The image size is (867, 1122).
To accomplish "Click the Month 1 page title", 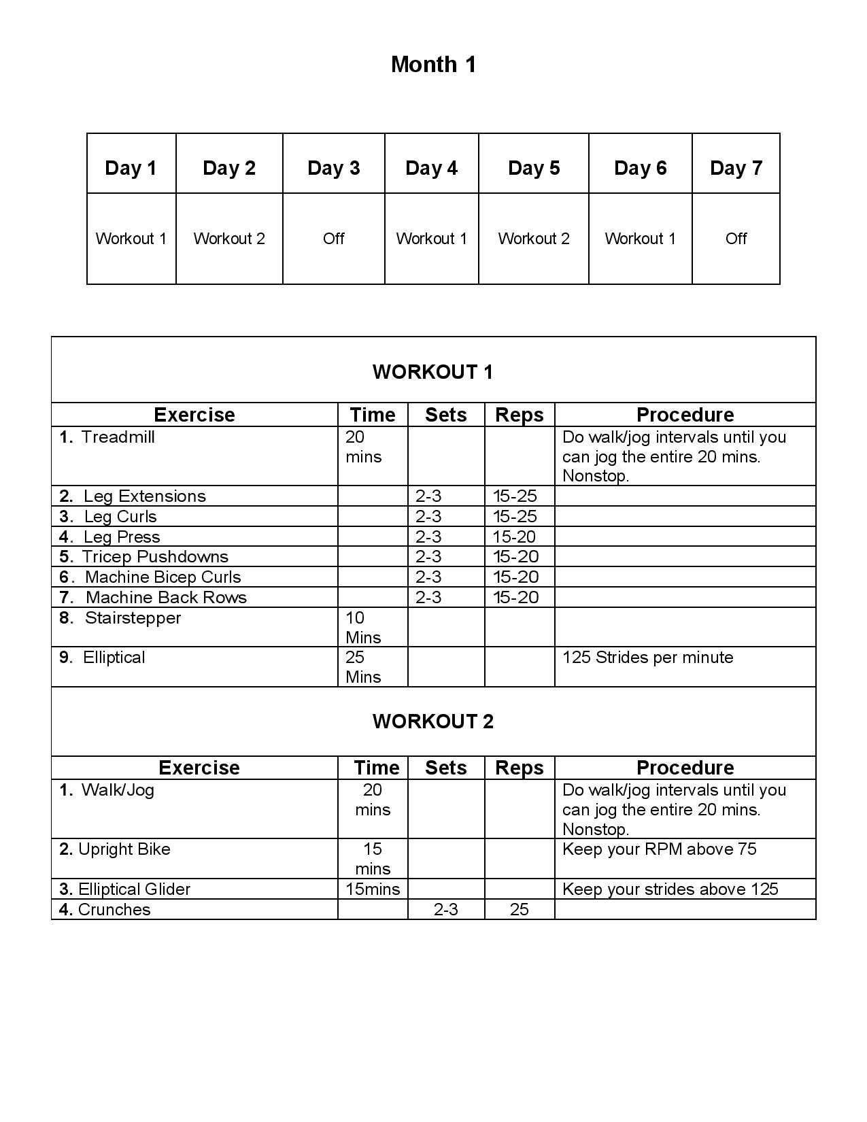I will [x=433, y=65].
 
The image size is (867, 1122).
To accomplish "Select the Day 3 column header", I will [x=333, y=168].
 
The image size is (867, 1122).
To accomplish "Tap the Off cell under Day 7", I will [x=736, y=239].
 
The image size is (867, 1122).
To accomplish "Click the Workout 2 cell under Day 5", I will [x=534, y=239].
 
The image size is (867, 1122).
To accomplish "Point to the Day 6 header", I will [x=640, y=168].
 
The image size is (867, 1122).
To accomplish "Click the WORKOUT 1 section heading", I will [x=432, y=372].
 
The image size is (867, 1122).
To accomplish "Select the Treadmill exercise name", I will [x=118, y=437].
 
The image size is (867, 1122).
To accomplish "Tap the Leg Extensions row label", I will [x=144, y=496].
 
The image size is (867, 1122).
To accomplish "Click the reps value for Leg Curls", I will [x=515, y=517].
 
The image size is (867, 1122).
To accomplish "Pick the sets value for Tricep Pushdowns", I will [x=428, y=557].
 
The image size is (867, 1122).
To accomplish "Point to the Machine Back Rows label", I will [x=166, y=598].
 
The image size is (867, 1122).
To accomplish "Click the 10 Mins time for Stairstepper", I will [x=363, y=628].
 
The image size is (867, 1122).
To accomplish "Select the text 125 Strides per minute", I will [x=647, y=658].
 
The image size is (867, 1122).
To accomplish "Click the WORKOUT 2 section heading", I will [x=432, y=721].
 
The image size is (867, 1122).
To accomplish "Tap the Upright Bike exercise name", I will [x=124, y=849].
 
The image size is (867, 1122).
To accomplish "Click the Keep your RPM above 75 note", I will [x=659, y=849].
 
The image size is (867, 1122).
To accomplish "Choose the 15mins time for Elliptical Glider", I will [x=373, y=889].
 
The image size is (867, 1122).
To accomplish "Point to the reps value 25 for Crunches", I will [x=519, y=910].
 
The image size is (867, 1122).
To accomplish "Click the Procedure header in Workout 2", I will [x=685, y=768].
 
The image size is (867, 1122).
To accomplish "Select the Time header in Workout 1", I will [x=372, y=415].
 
